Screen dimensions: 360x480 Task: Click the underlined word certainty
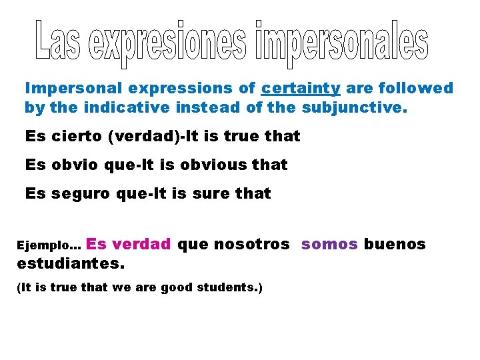tap(301, 88)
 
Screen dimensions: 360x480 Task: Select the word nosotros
tap(251, 244)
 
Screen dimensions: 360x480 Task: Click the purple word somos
tap(329, 244)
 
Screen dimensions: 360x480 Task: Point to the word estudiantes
tap(69, 263)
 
